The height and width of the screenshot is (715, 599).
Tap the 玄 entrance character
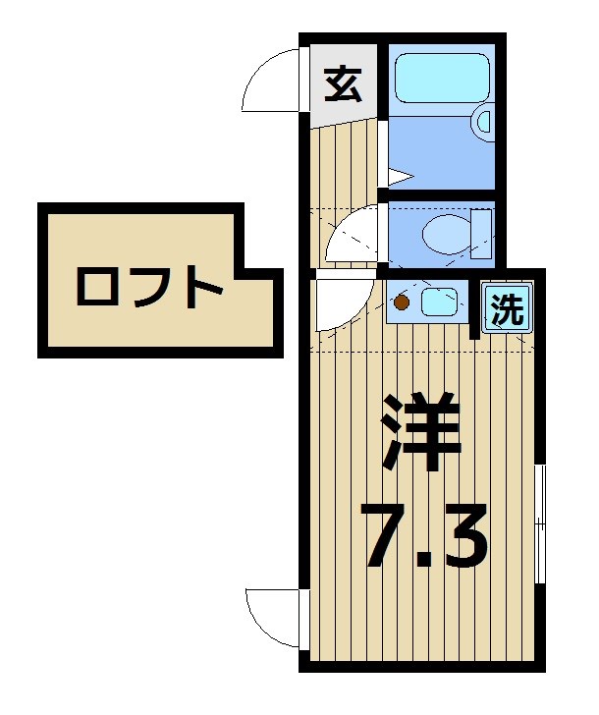click(x=343, y=85)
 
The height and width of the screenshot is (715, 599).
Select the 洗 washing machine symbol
click(x=506, y=309)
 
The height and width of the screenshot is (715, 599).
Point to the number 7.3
click(x=424, y=534)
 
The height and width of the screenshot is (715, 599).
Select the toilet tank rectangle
click(x=481, y=233)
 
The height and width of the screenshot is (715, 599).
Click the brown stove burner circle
click(x=402, y=302)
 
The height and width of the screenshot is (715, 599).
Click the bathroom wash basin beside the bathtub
click(x=483, y=122)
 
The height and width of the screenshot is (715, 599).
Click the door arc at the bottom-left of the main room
click(x=271, y=620)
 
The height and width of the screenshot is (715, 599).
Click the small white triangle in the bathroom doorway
click(x=398, y=178)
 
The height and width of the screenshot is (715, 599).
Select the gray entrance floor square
click(x=343, y=85)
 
